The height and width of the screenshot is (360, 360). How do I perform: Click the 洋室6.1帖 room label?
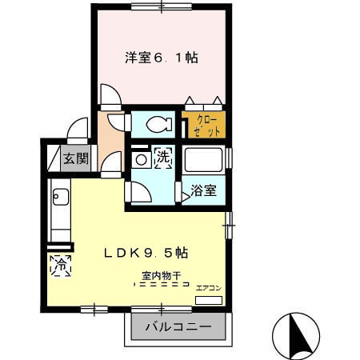click(x=162, y=58)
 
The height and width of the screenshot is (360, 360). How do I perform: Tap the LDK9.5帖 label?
click(x=146, y=252)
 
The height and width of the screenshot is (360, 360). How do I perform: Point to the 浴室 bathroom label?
click(x=203, y=191)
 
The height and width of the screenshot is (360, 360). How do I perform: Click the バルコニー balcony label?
click(x=178, y=327)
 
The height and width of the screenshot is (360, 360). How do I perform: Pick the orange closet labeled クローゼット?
click(x=203, y=126)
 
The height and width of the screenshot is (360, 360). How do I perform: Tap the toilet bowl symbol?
click(x=158, y=124)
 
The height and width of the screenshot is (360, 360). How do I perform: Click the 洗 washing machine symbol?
click(x=162, y=158)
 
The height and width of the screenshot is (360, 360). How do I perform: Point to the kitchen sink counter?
click(x=60, y=210)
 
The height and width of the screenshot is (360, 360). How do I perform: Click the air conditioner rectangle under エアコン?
click(x=210, y=300)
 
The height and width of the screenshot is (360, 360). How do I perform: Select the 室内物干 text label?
click(x=161, y=276)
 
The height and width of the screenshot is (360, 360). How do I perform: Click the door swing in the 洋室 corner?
click(x=110, y=97)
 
